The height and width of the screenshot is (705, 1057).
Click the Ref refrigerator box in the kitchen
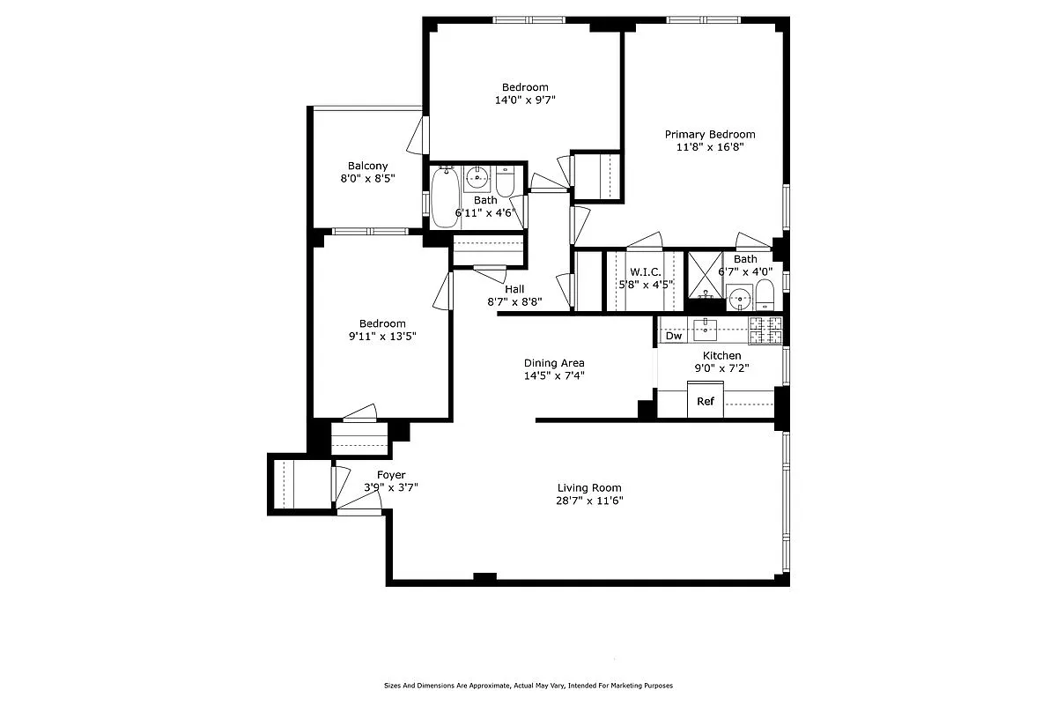point(705,401)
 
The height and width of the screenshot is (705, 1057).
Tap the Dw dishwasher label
point(674,336)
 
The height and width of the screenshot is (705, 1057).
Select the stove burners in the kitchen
point(765,330)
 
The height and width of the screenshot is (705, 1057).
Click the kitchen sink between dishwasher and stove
point(706,330)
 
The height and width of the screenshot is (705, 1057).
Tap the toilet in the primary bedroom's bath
point(764,293)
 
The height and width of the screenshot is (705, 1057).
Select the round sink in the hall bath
point(477,178)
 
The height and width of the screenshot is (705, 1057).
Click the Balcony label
point(367,166)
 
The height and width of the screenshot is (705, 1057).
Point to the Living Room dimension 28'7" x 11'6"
point(589,501)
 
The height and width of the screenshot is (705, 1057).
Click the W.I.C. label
point(645,271)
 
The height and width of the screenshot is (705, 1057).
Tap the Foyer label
point(391,475)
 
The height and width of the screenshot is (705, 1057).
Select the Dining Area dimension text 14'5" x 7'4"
point(554,375)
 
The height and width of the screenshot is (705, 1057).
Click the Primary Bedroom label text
point(710,134)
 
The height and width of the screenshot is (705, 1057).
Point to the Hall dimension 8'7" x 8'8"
point(514,301)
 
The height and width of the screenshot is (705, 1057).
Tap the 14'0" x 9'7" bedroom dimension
point(525,100)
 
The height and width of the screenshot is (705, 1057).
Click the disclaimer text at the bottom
point(528,685)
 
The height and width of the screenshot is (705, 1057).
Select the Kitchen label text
point(721,355)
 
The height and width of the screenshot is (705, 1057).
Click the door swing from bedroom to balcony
point(418,134)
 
